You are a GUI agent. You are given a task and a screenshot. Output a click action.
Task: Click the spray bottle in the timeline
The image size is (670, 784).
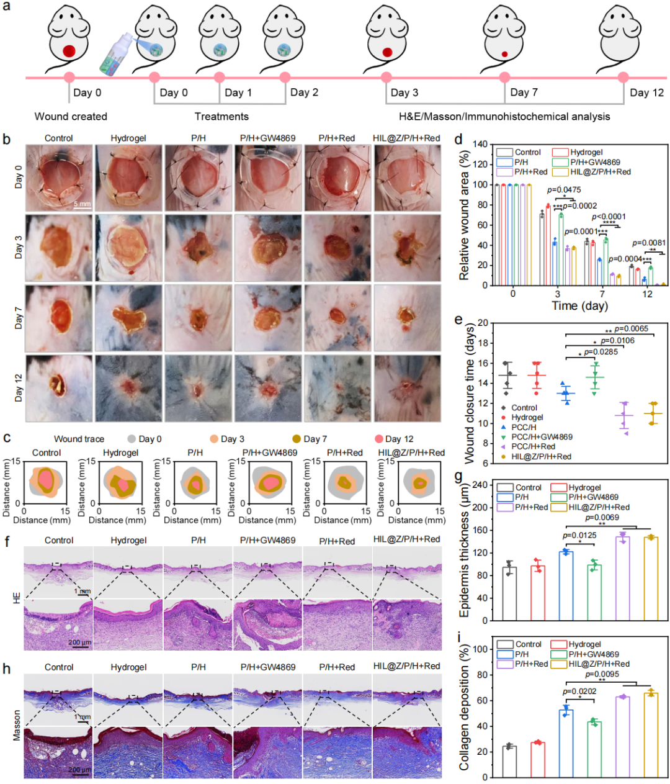(x=118, y=55)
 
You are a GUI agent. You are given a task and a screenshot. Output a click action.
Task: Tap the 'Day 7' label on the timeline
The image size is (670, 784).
(x=524, y=92)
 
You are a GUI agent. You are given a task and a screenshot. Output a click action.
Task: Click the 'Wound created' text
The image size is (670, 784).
(x=71, y=116)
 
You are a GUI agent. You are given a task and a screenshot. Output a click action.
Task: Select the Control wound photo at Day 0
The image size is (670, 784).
(x=58, y=178)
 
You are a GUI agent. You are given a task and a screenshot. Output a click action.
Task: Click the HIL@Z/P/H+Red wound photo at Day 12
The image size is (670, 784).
(x=407, y=389)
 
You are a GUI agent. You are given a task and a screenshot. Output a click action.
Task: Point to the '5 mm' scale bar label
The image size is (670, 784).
(x=82, y=204)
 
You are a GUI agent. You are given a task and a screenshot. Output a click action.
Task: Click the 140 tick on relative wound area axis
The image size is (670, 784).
(x=480, y=145)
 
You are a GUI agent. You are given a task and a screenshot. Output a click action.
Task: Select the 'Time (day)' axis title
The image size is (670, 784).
(x=579, y=305)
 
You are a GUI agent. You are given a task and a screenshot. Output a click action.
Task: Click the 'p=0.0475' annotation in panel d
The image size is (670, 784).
(x=563, y=190)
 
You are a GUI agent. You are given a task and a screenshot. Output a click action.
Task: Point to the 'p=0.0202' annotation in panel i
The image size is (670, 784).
(x=579, y=691)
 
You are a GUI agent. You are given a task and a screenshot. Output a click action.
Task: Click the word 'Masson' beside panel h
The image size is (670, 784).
(x=17, y=724)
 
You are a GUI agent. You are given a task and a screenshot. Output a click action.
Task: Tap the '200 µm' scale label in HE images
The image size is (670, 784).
(x=79, y=642)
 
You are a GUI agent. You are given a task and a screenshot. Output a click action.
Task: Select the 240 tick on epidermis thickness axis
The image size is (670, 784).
(x=480, y=485)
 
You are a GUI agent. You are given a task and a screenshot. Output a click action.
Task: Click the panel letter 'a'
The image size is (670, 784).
(x=6, y=9)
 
